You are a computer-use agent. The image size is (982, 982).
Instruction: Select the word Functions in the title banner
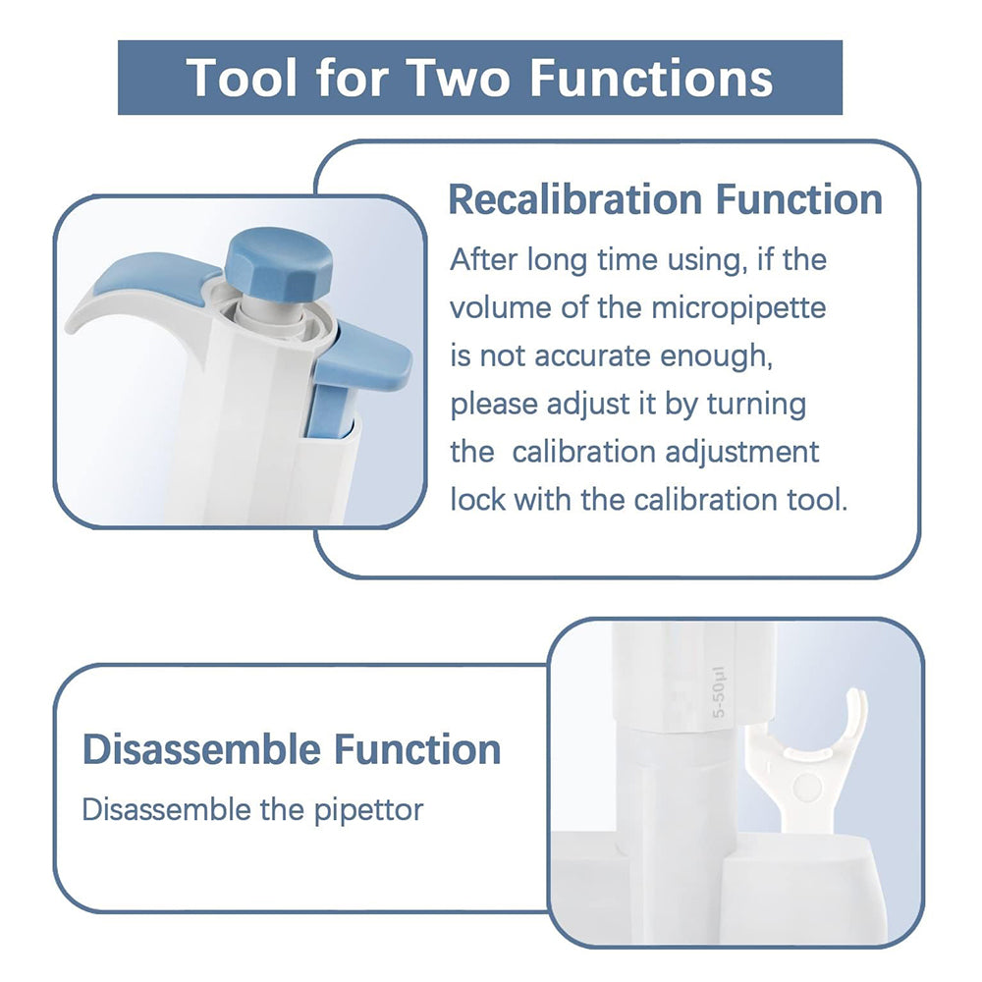[652, 78]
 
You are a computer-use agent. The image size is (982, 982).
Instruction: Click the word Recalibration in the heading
[576, 199]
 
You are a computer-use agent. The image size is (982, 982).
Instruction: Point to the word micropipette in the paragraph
[739, 307]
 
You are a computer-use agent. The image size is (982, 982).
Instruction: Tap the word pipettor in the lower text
[369, 810]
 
